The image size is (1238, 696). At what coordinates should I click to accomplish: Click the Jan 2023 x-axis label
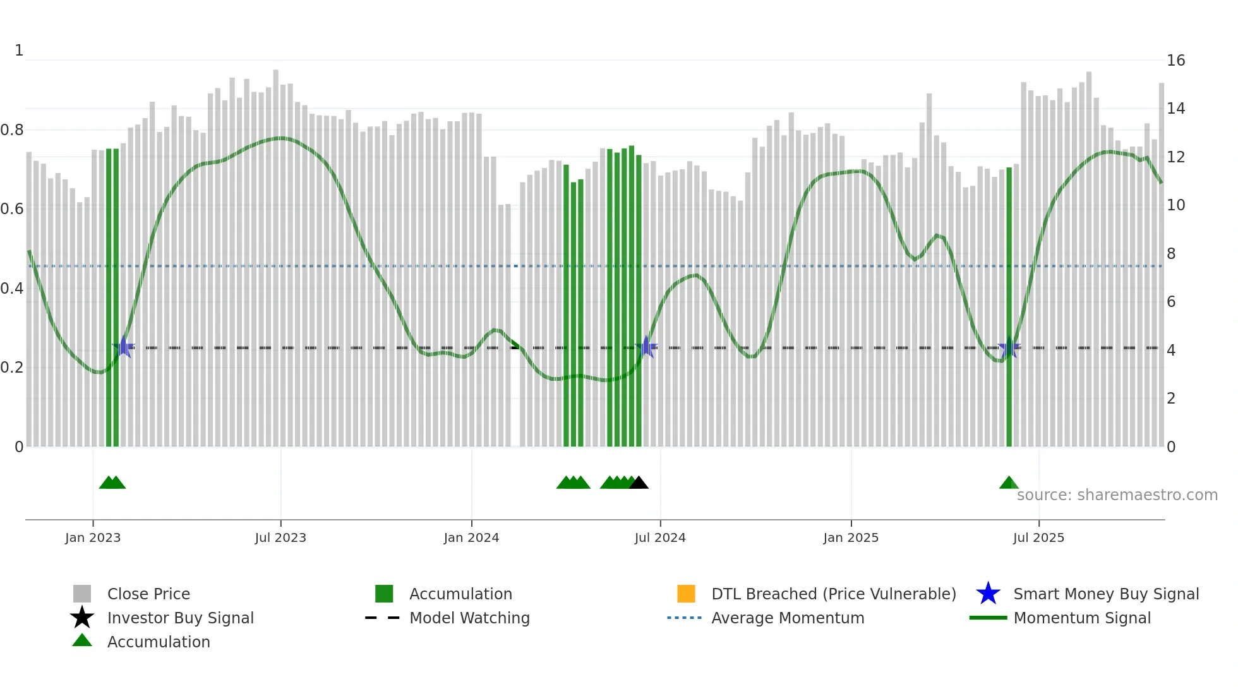coord(93,537)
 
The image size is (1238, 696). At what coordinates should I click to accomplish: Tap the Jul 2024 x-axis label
coord(660,537)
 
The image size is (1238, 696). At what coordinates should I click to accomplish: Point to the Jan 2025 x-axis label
coord(851,537)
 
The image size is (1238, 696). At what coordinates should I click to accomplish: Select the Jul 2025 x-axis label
coord(1038,537)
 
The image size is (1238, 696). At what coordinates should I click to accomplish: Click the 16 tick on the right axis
coord(1175,61)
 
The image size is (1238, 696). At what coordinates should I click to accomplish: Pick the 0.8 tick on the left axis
coord(13,130)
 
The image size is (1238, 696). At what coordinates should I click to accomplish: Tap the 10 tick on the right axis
coord(1175,205)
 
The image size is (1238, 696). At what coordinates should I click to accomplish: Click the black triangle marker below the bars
coord(639,483)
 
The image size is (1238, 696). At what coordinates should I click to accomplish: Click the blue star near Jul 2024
coord(646,347)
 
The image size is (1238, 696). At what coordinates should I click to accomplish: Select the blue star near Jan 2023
coord(124,347)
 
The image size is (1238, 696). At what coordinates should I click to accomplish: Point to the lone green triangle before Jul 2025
coord(1009,483)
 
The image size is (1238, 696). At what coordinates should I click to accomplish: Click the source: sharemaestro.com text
coord(1117,495)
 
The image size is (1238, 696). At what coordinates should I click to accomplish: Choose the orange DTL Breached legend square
coord(686,594)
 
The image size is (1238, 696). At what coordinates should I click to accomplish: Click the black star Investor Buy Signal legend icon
coord(82,618)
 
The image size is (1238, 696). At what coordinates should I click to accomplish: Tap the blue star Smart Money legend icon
coord(988,594)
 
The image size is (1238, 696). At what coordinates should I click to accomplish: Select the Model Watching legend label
coord(469,618)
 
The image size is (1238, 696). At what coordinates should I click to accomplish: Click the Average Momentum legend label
coord(788,618)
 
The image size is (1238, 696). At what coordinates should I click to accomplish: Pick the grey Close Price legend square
coord(82,594)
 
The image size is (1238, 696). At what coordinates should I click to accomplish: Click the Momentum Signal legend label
coord(1082,618)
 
